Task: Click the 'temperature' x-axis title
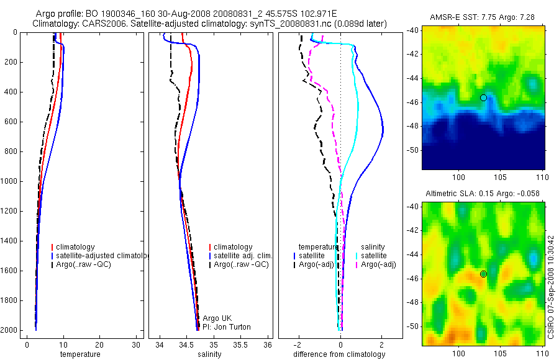coord(80,354)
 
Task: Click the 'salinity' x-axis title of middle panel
coord(209,354)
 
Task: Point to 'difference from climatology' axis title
coord(339,354)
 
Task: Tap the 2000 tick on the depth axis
coord(11,330)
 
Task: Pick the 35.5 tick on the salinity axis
coord(240,344)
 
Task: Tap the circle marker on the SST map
coord(483,97)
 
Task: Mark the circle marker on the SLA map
coord(483,274)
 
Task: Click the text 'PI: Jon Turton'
coord(227,326)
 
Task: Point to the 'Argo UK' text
coord(217,318)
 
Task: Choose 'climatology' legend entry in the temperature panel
coord(75,247)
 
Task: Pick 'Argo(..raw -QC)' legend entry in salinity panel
coord(240,264)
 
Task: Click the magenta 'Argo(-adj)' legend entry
coord(379,264)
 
